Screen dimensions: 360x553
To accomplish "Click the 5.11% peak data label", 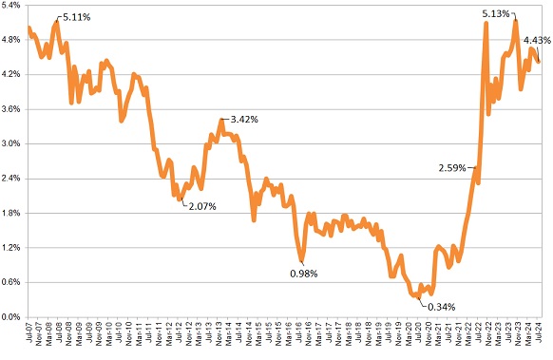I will coord(78,17).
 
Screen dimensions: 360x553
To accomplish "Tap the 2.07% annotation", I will coord(201,206).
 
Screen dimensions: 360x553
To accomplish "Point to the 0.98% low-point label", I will coord(304,274).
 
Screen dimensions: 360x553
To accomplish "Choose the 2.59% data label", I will coord(452,168).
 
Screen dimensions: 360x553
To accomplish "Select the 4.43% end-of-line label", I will coord(537,40).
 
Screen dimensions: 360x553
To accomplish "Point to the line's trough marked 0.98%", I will coord(303,260).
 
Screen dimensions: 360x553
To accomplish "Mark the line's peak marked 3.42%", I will coord(221,120).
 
